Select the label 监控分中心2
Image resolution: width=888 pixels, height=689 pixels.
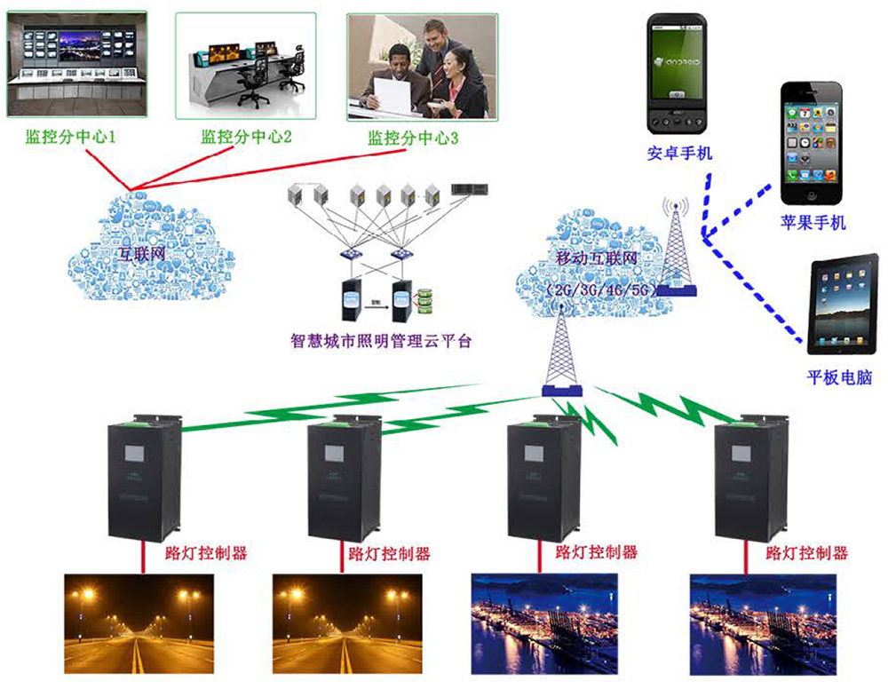246,138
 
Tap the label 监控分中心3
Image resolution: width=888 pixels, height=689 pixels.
413,139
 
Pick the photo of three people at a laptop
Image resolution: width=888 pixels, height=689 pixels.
417,67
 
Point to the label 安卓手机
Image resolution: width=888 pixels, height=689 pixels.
679,154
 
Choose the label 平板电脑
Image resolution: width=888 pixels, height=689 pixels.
839,377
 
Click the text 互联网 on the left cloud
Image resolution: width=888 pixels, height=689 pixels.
145,251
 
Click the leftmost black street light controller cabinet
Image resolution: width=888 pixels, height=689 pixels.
145,479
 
